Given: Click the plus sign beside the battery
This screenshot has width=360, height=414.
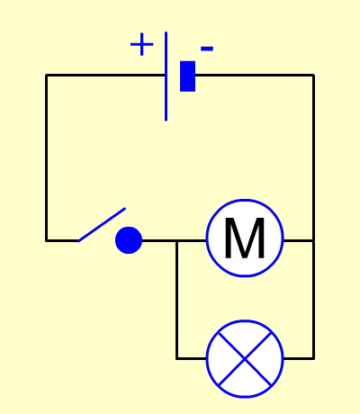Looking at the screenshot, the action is (x=142, y=44).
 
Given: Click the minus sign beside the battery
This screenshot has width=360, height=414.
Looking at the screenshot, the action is (x=207, y=49).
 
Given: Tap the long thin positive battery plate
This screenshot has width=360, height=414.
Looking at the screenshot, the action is (x=166, y=76).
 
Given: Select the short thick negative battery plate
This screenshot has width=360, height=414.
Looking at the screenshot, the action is (x=187, y=76).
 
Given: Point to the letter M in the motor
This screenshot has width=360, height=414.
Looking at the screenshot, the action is (x=245, y=238).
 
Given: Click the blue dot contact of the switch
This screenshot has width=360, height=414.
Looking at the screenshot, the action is (x=129, y=240).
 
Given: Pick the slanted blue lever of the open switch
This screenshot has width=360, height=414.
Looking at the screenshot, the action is (x=102, y=225).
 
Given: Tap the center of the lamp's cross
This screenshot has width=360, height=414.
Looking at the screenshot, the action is (x=245, y=358).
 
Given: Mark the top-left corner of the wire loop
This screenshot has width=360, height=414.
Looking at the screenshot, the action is (x=47, y=75).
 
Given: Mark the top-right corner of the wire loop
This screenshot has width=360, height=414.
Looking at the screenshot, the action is (x=313, y=75).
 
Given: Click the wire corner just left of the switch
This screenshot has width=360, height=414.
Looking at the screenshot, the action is (x=47, y=240).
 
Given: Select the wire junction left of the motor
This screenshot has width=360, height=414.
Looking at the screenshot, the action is (x=177, y=240).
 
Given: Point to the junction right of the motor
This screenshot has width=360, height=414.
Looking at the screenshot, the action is (x=313, y=240).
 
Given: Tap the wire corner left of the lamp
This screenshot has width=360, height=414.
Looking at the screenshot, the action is (x=177, y=358).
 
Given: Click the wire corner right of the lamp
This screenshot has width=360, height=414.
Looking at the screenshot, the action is (x=313, y=358).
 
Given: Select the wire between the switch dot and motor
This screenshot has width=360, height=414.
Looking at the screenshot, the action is (x=174, y=240).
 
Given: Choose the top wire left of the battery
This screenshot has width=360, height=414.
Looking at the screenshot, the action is (x=105, y=75).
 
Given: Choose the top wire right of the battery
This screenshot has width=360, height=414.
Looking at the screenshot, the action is (x=255, y=75).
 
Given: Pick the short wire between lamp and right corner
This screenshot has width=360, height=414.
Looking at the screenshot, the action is (x=299, y=358).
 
